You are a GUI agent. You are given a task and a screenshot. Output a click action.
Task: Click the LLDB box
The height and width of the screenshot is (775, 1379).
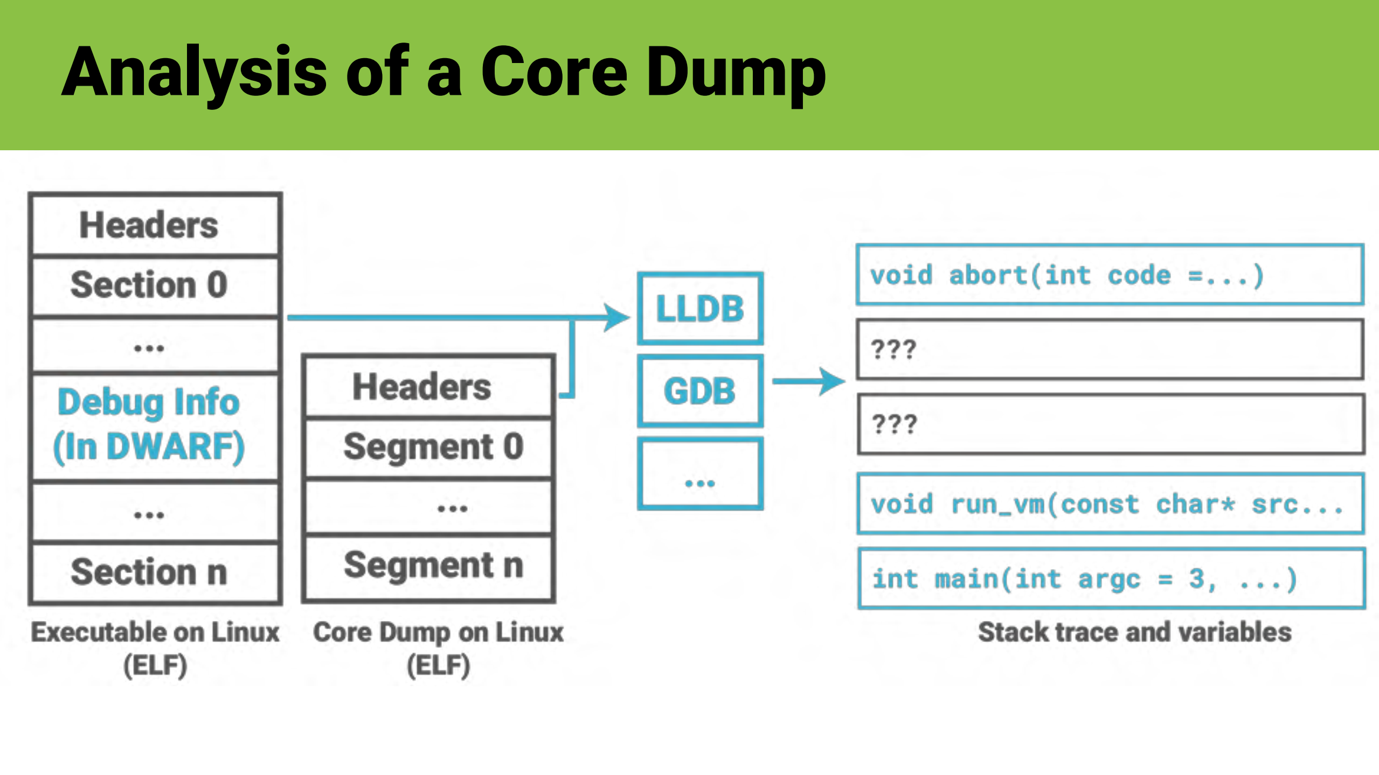[700, 309]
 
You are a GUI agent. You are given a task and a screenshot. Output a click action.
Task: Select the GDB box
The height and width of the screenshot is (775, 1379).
[700, 391]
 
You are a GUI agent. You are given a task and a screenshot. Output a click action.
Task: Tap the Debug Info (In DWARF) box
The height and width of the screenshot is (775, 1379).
[155, 425]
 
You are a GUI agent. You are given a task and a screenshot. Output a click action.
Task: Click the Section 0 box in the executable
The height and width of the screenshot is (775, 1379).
[155, 285]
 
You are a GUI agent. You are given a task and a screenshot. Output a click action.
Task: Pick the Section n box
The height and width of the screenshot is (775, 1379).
[155, 572]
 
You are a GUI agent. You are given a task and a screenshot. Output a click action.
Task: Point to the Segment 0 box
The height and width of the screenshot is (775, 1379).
[429, 447]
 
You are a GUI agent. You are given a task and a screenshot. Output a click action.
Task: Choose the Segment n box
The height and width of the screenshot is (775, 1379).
[429, 567]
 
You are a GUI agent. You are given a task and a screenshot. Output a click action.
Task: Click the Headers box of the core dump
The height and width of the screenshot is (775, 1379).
[429, 387]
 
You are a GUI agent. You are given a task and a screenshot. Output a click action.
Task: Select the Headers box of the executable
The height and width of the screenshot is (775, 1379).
[155, 225]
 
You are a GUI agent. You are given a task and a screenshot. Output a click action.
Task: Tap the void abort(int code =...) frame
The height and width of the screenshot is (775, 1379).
[1110, 275]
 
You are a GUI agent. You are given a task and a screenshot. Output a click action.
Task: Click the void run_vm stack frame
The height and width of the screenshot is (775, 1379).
[1110, 504]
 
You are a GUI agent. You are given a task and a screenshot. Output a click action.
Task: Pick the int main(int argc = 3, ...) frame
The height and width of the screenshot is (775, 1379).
[1110, 579]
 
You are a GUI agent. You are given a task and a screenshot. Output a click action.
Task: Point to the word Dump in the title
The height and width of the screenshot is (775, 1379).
[735, 73]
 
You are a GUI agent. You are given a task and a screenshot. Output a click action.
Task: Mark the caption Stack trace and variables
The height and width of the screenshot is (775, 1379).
[1134, 632]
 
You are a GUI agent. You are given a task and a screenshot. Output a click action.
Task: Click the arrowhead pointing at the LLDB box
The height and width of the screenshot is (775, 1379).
[617, 317]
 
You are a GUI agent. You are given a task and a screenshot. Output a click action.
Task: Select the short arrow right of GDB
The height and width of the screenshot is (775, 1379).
[808, 381]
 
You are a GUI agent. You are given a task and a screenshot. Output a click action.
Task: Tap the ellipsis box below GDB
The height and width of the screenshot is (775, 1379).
[700, 474]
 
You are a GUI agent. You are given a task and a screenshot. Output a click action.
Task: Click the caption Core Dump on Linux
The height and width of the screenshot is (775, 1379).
[438, 633]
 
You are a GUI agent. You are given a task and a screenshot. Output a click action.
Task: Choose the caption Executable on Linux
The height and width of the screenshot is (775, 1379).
[155, 633]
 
